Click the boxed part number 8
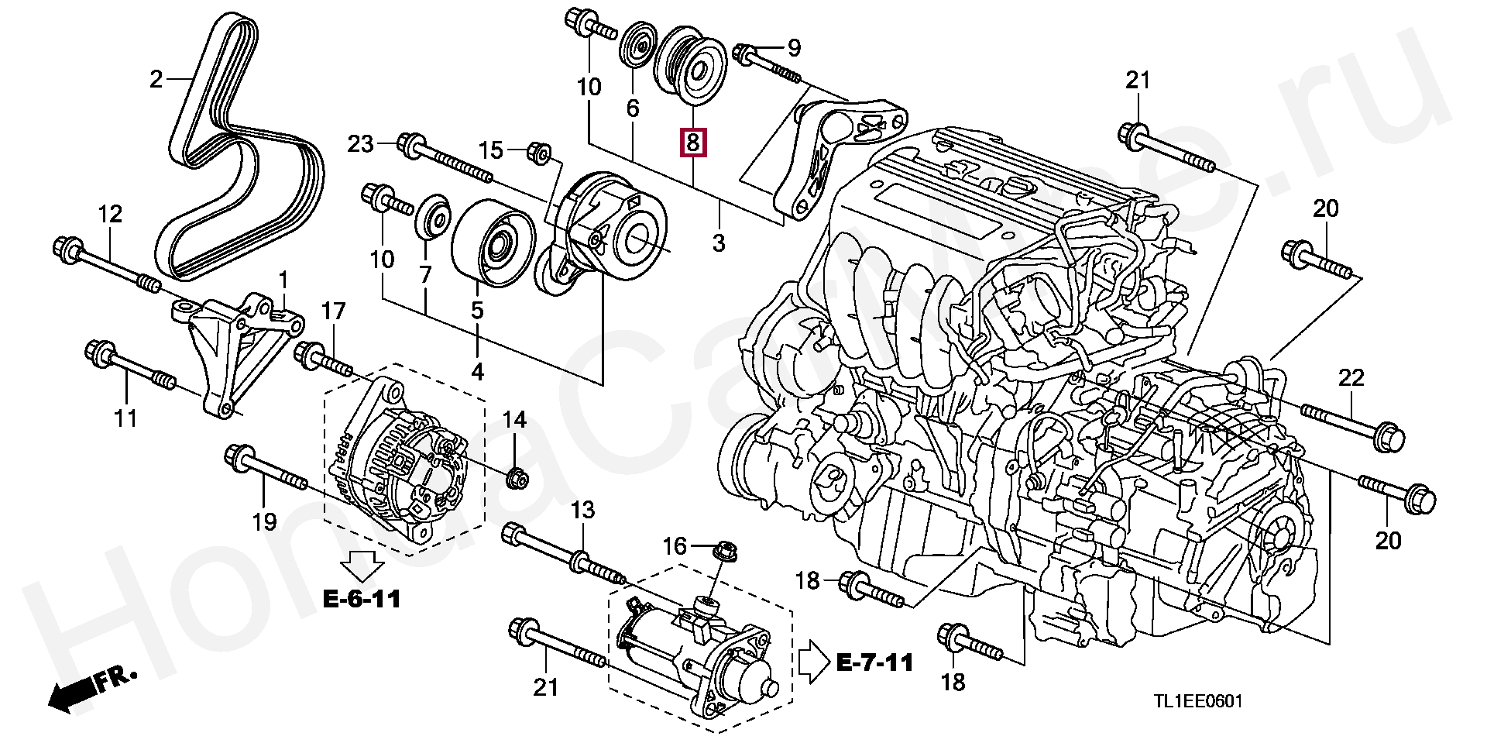tap(692, 143)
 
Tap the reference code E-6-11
tap(362, 599)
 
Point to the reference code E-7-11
tap(875, 662)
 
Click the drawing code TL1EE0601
tap(1198, 702)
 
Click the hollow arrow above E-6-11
tap(362, 565)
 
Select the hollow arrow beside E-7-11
tap(813, 662)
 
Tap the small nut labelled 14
tap(516, 478)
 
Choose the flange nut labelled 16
tap(724, 553)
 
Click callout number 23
tap(360, 143)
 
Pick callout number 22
tap(1351, 377)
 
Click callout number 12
tap(110, 214)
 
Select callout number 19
tap(264, 521)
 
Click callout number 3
tap(719, 243)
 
